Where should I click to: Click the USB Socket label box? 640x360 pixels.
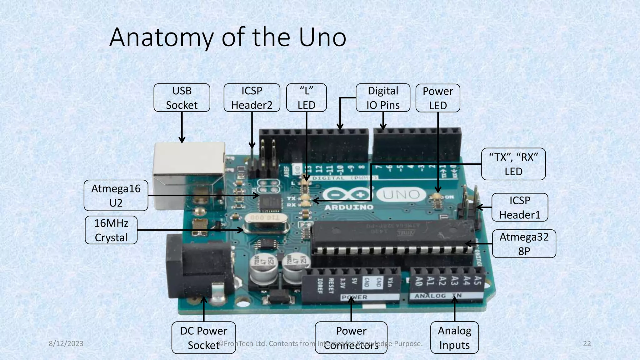coord(182,98)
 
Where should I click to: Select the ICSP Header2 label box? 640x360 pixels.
coord(252,98)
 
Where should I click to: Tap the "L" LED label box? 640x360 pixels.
coord(306,98)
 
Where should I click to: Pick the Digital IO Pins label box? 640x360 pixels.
coord(383,98)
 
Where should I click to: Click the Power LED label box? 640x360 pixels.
coord(437,98)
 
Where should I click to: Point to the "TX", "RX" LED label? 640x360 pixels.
coord(513,164)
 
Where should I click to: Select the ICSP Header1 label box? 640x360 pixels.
coord(519,207)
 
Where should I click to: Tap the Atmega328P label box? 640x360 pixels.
coord(524,244)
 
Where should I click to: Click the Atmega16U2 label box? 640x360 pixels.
coord(116,196)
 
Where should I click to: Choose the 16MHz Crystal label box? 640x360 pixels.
coord(111,230)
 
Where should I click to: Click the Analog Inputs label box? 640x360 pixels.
coord(454,337)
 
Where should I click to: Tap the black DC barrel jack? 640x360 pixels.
coord(200,269)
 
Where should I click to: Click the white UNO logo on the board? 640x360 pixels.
coord(402,195)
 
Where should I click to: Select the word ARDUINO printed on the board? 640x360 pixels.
coord(349,207)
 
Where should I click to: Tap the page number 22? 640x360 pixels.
coord(587,344)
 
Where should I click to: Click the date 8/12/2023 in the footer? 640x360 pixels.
coord(66,344)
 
